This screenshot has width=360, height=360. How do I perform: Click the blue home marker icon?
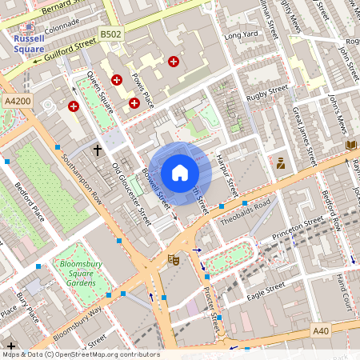180,173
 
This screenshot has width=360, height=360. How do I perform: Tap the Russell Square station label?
29,43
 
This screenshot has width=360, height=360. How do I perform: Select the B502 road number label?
111,34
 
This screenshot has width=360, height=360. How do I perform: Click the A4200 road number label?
17,102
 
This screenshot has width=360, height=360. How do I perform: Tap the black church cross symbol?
98,150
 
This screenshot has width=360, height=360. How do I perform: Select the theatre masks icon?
172,259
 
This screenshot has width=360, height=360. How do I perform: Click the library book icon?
350,145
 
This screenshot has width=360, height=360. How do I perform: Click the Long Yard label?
242,35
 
